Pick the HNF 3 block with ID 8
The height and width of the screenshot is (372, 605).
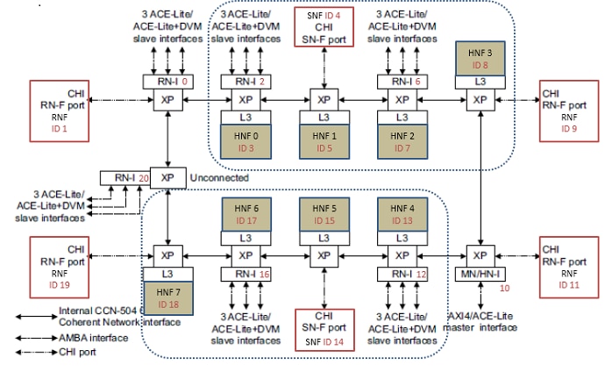tap(479, 60)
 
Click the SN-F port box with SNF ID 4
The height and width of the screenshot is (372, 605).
tap(324, 30)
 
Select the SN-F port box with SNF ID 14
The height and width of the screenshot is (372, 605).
tap(324, 328)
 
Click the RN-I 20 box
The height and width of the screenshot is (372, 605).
tap(125, 177)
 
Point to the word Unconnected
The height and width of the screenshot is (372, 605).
tap(215, 176)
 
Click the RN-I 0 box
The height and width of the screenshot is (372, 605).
tap(167, 82)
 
